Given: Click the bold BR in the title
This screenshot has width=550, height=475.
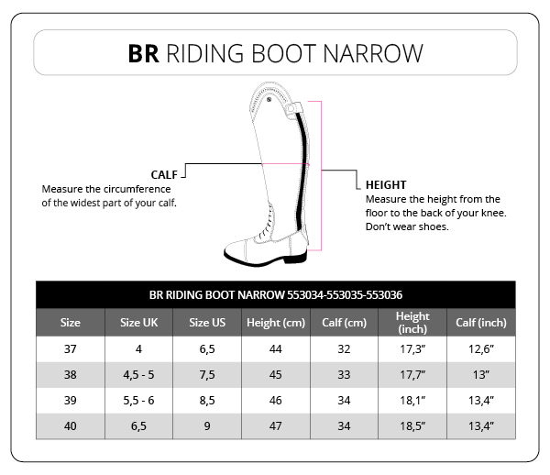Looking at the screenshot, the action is pyautogui.click(x=144, y=54).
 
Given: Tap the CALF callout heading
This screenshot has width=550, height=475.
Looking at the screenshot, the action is pyautogui.click(x=164, y=175).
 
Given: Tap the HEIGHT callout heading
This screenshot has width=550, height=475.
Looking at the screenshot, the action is pyautogui.click(x=386, y=185).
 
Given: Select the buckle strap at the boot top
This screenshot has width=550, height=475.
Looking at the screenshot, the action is pyautogui.click(x=293, y=109).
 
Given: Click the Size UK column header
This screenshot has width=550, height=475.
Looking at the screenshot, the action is pyautogui.click(x=139, y=323).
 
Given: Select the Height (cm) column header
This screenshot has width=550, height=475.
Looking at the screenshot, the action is pyautogui.click(x=276, y=323).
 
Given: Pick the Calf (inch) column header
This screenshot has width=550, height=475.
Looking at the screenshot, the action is pyautogui.click(x=481, y=323).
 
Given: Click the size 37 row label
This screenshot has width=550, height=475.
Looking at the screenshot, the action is pyautogui.click(x=71, y=349).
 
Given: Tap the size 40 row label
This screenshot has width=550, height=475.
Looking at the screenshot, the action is pyautogui.click(x=71, y=425).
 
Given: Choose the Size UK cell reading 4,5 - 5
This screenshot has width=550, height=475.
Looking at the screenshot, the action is pyautogui.click(x=138, y=375).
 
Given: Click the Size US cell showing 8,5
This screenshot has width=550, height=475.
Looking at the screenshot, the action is pyautogui.click(x=207, y=401).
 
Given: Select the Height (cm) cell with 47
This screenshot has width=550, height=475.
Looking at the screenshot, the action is pyautogui.click(x=275, y=425).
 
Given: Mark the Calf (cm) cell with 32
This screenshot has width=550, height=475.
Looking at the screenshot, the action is pyautogui.click(x=344, y=349).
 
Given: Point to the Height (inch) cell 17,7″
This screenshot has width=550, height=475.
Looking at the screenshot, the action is pyautogui.click(x=412, y=375).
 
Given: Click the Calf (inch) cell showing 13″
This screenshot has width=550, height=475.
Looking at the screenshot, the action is pyautogui.click(x=481, y=375).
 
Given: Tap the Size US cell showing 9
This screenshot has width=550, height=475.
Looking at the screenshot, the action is pyautogui.click(x=207, y=425).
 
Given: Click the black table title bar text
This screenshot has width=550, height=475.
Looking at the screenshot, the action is pyautogui.click(x=276, y=295).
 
